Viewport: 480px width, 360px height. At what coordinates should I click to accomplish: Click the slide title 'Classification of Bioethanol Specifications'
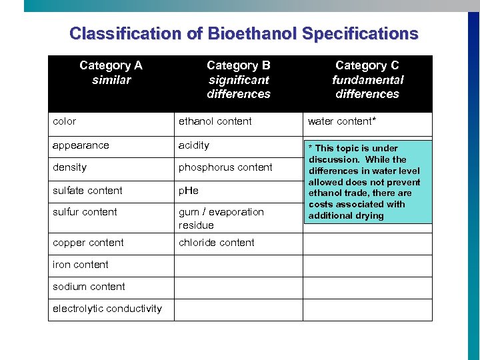243,33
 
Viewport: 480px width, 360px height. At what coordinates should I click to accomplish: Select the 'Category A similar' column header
111,73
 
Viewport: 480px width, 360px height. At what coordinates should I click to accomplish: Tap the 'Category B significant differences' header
239,79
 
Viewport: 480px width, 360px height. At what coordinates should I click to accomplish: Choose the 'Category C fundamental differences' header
367,79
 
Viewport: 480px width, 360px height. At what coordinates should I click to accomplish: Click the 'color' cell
65,121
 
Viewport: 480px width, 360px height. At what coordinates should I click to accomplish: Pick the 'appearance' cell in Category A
81,145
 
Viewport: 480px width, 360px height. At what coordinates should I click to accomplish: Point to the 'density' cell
70,167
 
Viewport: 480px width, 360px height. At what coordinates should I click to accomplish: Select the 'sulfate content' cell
87,191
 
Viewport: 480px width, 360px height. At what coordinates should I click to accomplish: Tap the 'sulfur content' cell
85,212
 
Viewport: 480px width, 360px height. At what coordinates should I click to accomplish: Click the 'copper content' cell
88,243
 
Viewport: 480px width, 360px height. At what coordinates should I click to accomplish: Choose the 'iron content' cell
81,265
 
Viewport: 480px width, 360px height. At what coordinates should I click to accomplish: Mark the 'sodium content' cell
89,287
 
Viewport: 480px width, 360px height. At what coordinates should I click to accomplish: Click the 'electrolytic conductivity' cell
107,309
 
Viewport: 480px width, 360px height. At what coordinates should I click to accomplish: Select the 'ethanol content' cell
215,121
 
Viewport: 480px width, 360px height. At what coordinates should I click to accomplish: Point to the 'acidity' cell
194,145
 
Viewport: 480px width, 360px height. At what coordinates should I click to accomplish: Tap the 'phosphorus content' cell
225,167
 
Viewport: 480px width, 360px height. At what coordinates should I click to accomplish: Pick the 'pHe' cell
189,191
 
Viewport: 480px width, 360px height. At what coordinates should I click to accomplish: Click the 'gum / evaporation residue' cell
221,219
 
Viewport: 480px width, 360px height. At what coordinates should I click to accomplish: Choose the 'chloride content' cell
217,243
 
